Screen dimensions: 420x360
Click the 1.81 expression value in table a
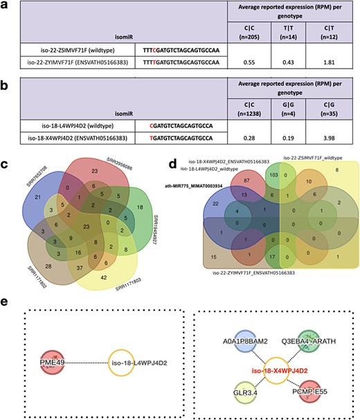[x=336, y=62]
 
